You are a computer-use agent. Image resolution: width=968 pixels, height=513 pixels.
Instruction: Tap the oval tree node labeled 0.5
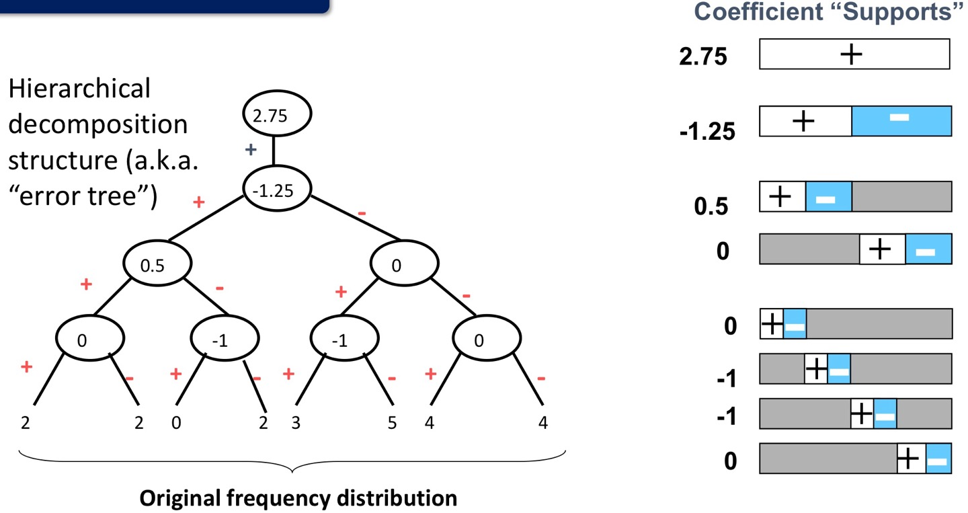[157, 264]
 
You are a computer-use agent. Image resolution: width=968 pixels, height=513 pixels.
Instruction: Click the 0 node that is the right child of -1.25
[396, 264]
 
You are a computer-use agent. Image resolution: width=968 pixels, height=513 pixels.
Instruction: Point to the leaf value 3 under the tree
[296, 424]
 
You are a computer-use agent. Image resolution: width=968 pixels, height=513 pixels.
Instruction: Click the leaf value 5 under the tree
[393, 424]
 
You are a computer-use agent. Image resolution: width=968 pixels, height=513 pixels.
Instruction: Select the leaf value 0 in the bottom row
[175, 424]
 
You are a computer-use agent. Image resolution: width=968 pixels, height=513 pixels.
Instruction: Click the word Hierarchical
[79, 88]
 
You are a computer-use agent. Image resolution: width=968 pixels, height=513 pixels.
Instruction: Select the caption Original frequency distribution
[298, 498]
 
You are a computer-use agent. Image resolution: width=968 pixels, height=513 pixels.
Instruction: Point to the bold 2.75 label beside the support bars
[703, 57]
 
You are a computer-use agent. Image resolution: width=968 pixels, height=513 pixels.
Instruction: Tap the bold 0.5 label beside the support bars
[711, 206]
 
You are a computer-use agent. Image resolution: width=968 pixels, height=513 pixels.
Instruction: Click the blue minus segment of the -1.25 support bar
[901, 121]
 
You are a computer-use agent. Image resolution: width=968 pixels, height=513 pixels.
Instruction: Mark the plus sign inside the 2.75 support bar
[852, 54]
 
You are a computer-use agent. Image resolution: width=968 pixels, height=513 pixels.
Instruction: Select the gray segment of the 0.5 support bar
[901, 196]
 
